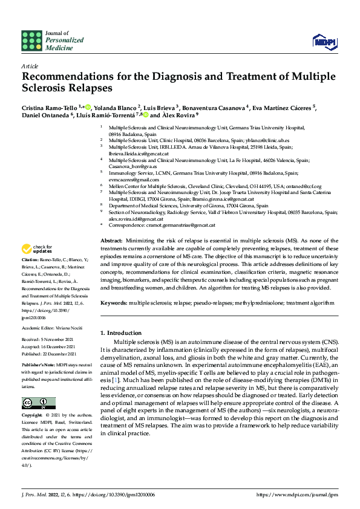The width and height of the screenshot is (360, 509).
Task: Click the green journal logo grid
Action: tap(32, 40)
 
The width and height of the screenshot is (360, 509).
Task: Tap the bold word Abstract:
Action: tap(110, 258)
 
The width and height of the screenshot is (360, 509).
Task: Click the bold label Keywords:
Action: tap(113, 302)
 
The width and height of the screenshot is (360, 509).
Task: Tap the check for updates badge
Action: tap(37, 266)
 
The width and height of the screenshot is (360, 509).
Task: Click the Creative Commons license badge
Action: tap(38, 403)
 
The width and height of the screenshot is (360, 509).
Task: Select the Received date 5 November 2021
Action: tap(60, 340)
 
